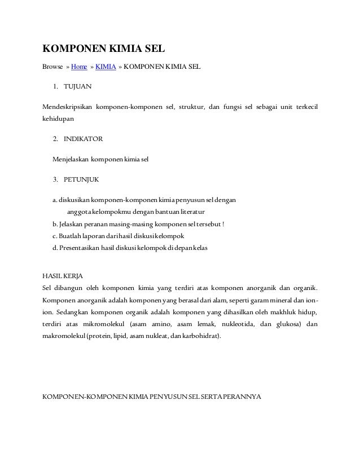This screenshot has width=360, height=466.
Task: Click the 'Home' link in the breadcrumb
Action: coord(78,67)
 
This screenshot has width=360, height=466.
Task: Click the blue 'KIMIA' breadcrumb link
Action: coord(106,67)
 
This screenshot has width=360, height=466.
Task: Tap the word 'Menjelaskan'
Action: coord(71,159)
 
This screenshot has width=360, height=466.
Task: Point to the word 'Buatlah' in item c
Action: coord(71,235)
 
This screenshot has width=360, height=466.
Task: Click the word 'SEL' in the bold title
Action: coord(150,48)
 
